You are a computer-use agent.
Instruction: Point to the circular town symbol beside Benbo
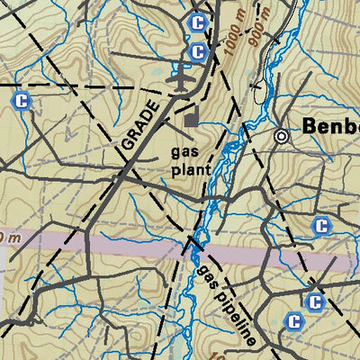pyautogui.click(x=282, y=136)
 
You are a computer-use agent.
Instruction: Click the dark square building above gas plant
pyautogui.click(x=191, y=118)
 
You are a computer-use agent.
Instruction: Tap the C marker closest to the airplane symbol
pyautogui.click(x=198, y=53)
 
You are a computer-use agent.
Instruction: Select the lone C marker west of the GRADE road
pyautogui.click(x=21, y=101)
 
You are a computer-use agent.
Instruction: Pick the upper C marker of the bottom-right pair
pyautogui.click(x=314, y=302)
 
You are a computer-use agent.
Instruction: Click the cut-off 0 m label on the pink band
pyautogui.click(x=8, y=238)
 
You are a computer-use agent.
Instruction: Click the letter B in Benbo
pyautogui.click(x=310, y=126)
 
